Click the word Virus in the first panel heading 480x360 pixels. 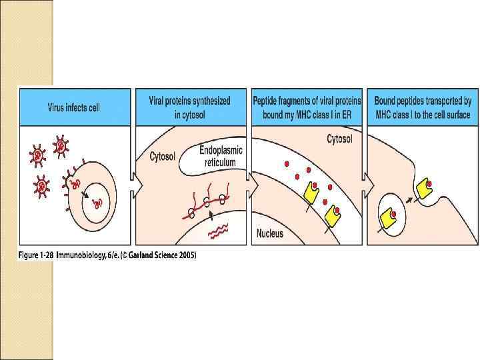coord(57,108)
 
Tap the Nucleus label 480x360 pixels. coord(270,233)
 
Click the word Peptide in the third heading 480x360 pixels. coord(265,101)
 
